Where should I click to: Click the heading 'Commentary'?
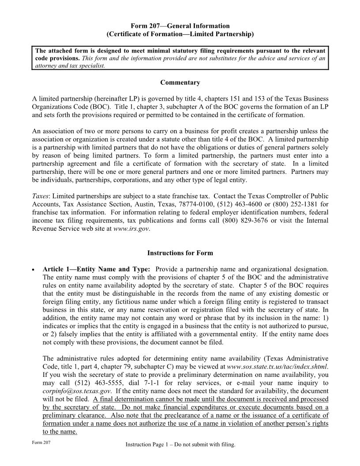(x=180, y=83)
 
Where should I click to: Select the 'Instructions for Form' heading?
(x=180, y=253)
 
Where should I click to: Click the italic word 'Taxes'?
(x=41, y=195)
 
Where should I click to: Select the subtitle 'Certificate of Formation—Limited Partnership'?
(x=180, y=34)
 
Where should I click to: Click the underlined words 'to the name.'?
(x=60, y=432)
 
